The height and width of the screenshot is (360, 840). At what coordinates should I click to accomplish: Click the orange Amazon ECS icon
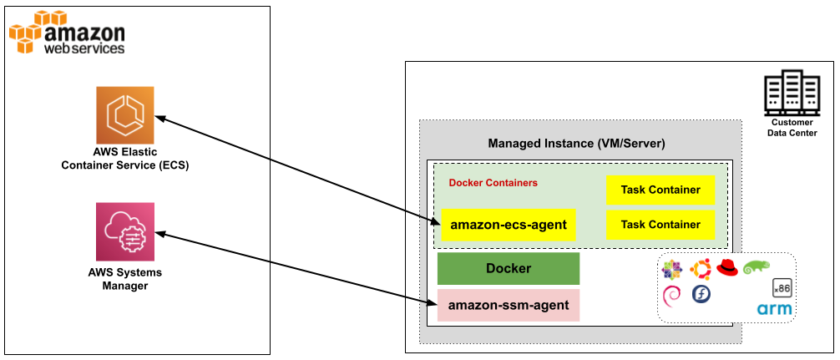coord(125,115)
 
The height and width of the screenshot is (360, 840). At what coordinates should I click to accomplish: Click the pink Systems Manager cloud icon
coord(125,231)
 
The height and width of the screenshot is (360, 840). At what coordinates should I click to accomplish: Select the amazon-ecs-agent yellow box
coord(509,225)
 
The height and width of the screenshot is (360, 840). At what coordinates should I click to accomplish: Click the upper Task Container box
coord(660,190)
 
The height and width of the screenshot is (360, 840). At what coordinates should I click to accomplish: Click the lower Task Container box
coord(660,225)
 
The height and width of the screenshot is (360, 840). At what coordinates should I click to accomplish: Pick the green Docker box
coord(509,269)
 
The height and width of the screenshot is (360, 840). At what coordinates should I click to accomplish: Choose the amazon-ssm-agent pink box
coord(509,306)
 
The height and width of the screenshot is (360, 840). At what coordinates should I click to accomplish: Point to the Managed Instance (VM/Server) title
coord(576,144)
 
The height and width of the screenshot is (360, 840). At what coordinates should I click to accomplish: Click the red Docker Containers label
coord(493,183)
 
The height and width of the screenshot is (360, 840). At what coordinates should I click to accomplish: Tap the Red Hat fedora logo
coord(727,268)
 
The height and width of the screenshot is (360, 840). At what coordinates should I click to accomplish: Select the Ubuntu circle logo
coord(700,269)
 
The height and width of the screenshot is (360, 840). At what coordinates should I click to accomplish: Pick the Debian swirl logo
coord(672,295)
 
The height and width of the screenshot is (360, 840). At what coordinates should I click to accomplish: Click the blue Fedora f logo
coord(701,295)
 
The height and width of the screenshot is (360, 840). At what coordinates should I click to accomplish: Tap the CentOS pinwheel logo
coord(672,269)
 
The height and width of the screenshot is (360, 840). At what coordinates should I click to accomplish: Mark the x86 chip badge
coord(782,287)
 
